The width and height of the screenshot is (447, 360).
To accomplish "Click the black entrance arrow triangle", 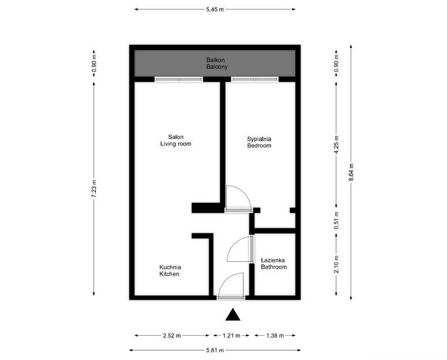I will [232, 315].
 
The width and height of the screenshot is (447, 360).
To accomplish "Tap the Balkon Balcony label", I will [217, 63].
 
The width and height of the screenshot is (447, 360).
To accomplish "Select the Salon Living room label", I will [176, 140].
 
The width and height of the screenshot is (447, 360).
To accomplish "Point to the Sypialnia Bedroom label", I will [259, 142].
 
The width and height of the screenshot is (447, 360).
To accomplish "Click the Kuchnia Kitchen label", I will [170, 270].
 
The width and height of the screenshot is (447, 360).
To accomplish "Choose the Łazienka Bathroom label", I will [273, 263].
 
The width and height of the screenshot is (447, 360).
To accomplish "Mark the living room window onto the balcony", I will [179, 79].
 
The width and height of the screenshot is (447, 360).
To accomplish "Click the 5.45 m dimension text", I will [215, 9].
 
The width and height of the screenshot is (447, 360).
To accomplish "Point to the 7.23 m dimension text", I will [94, 189].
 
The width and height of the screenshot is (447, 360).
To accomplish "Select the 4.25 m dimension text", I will [337, 143].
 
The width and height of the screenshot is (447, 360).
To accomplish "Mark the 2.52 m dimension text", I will [172, 335].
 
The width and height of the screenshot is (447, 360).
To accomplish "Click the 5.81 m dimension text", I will [215, 350].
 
